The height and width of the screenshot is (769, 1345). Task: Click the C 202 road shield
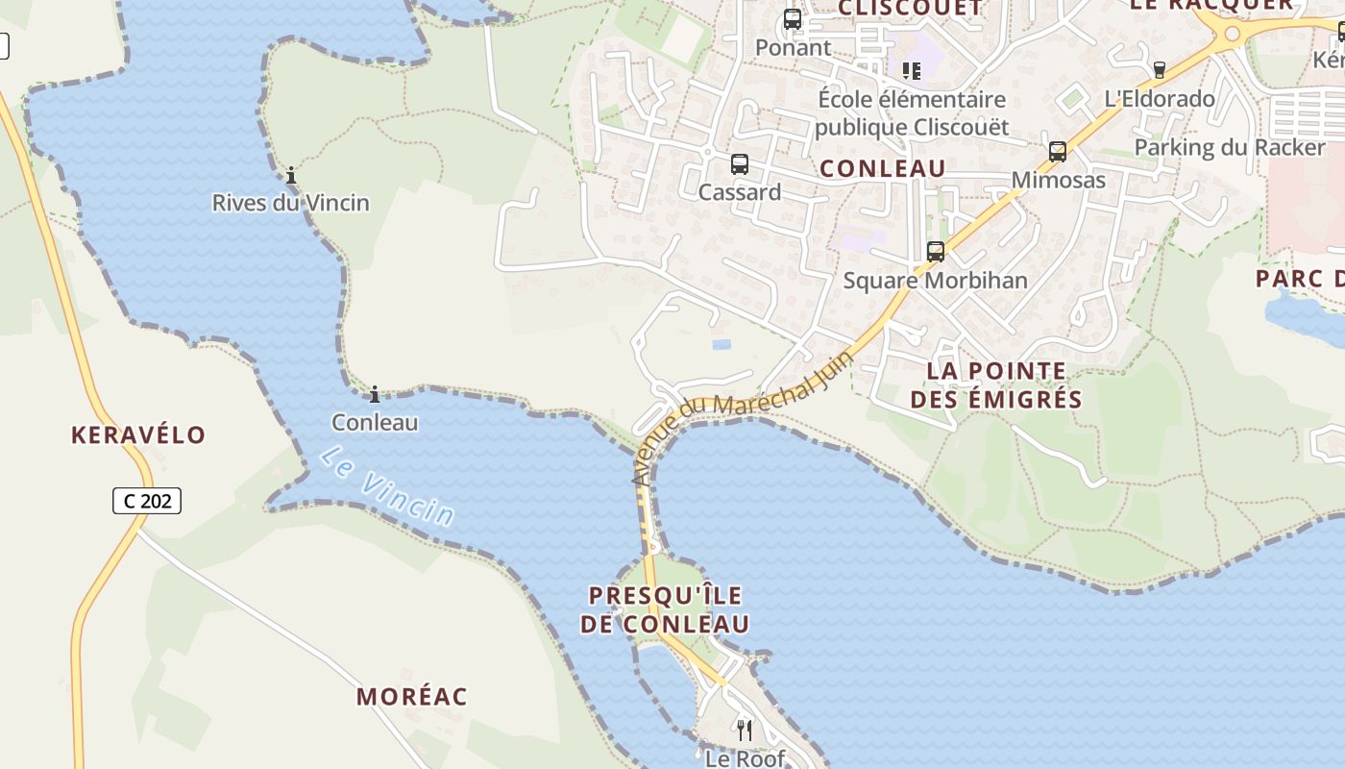147,501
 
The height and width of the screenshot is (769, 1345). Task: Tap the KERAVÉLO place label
138,434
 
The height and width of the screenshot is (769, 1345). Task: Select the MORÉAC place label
412,697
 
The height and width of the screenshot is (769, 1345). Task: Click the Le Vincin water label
386,485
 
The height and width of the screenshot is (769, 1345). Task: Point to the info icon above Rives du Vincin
291,175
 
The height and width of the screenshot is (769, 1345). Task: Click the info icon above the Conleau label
375,394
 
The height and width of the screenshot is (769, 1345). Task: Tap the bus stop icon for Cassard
739,164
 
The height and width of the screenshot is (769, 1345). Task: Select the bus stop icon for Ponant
793,19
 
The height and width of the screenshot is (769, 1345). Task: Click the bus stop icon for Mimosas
1058,152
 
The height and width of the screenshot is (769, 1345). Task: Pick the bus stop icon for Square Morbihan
936,252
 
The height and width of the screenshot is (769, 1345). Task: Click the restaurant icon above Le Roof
745,731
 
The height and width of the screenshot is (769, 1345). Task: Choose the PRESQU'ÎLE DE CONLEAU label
665,609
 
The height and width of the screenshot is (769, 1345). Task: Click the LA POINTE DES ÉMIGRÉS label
996,384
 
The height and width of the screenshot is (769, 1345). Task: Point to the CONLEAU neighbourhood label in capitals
883,169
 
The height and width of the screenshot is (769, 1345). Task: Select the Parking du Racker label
1230,147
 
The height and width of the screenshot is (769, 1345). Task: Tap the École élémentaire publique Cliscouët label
912,112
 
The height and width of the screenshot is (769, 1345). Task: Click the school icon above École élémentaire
912,70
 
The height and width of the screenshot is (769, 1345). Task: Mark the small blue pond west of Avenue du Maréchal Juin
721,343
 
